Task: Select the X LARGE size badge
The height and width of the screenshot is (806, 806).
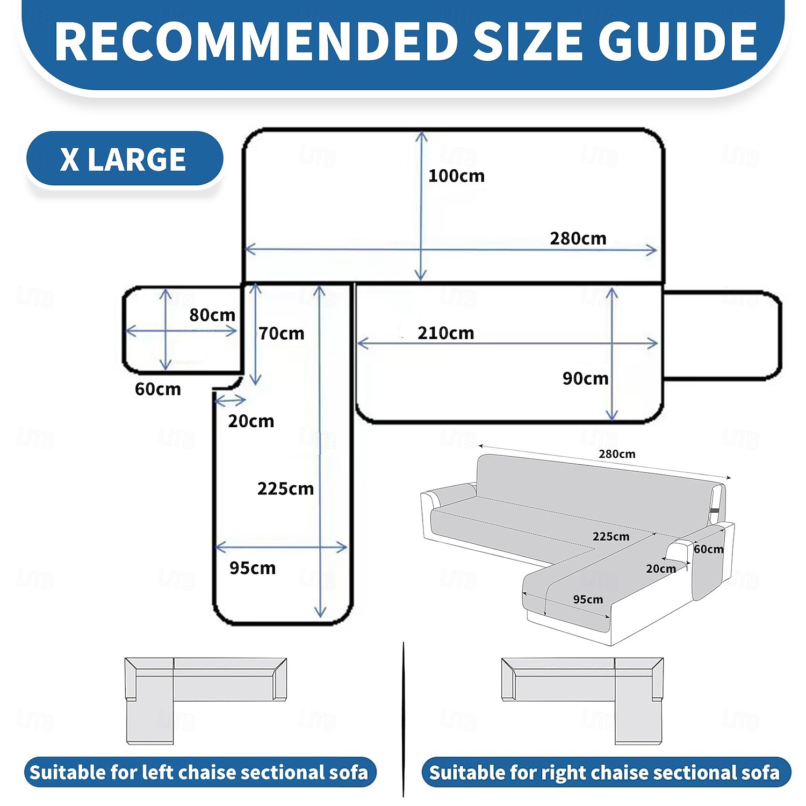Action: click(124, 159)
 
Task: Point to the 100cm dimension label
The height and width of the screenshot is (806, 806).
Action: click(456, 176)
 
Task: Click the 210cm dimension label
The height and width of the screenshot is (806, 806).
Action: click(445, 333)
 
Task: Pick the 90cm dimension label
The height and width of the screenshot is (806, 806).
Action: click(585, 378)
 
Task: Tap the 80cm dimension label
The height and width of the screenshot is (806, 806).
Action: click(212, 315)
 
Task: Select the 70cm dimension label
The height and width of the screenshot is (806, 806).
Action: click(281, 334)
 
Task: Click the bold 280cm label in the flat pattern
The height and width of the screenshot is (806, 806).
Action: click(578, 238)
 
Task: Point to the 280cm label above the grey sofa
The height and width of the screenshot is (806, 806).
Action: click(617, 454)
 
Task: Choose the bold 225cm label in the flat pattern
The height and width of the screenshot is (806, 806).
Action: click(285, 488)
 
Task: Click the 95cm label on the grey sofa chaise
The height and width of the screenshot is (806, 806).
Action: click(588, 599)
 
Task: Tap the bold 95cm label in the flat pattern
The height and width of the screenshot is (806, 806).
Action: click(253, 568)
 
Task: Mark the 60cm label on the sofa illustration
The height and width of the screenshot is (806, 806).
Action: click(708, 549)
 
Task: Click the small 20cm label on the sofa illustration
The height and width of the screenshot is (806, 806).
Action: click(661, 568)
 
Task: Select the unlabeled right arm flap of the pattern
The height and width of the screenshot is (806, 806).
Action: click(722, 335)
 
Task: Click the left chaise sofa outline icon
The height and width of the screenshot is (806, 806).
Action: click(205, 701)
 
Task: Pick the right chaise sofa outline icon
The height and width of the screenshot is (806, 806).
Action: click(582, 701)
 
